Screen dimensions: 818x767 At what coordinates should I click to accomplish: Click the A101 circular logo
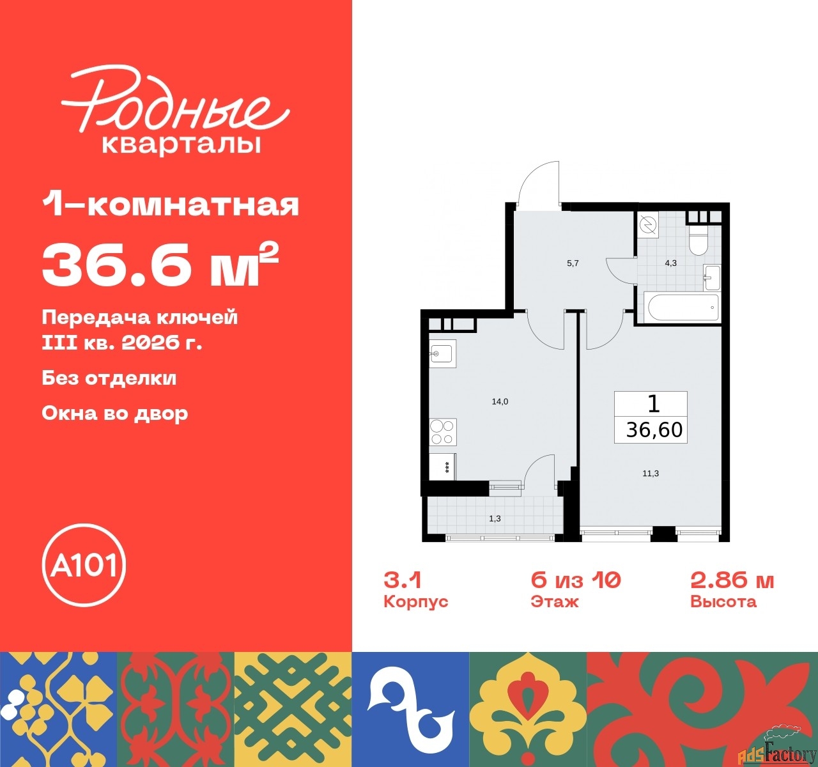click(84, 565)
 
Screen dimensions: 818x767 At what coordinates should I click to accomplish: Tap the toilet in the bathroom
click(698, 239)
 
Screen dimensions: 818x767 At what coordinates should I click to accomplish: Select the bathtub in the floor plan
click(684, 307)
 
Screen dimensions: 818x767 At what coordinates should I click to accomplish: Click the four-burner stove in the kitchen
click(443, 432)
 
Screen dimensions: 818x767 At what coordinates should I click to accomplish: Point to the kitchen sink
click(443, 353)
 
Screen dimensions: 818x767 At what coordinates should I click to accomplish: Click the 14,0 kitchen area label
click(500, 401)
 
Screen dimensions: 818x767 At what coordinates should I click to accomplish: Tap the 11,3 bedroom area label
click(651, 474)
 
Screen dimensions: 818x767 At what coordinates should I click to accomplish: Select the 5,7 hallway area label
click(573, 263)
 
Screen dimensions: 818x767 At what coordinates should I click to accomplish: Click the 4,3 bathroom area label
click(670, 263)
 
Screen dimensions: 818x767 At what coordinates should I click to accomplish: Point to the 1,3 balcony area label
click(495, 518)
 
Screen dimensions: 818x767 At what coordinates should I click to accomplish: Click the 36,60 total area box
click(651, 417)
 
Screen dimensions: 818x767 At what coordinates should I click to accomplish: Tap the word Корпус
click(415, 601)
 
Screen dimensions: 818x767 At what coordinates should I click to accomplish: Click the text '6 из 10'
click(576, 580)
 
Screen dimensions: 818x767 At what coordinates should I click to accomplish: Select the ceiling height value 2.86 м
click(732, 580)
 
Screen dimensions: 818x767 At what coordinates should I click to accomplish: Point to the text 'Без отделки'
click(109, 378)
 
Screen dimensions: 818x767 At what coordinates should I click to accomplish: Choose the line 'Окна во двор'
click(115, 414)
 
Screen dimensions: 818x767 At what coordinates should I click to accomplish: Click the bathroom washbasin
click(712, 277)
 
